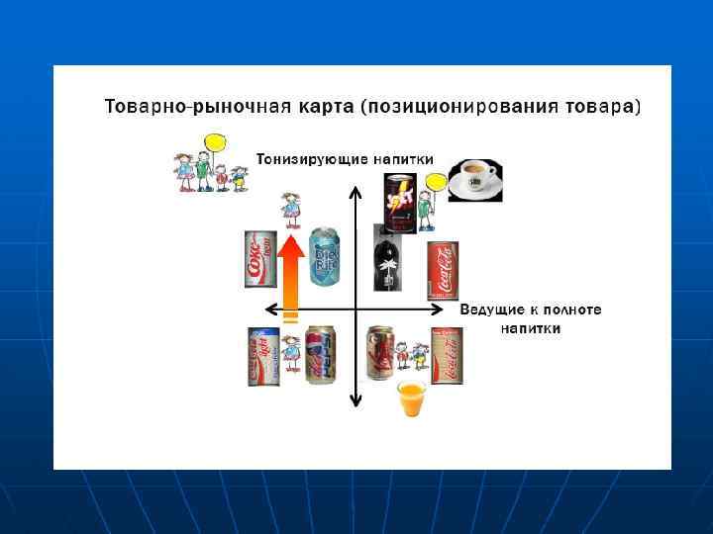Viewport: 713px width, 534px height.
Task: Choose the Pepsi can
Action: (x=321, y=354)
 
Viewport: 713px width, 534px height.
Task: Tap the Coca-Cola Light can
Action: (x=262, y=355)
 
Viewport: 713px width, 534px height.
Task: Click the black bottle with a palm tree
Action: (x=387, y=259)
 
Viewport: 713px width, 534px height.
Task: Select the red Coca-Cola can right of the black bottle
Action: (x=442, y=269)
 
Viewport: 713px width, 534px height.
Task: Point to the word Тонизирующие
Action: (x=300, y=158)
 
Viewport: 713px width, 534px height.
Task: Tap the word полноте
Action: (x=573, y=310)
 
